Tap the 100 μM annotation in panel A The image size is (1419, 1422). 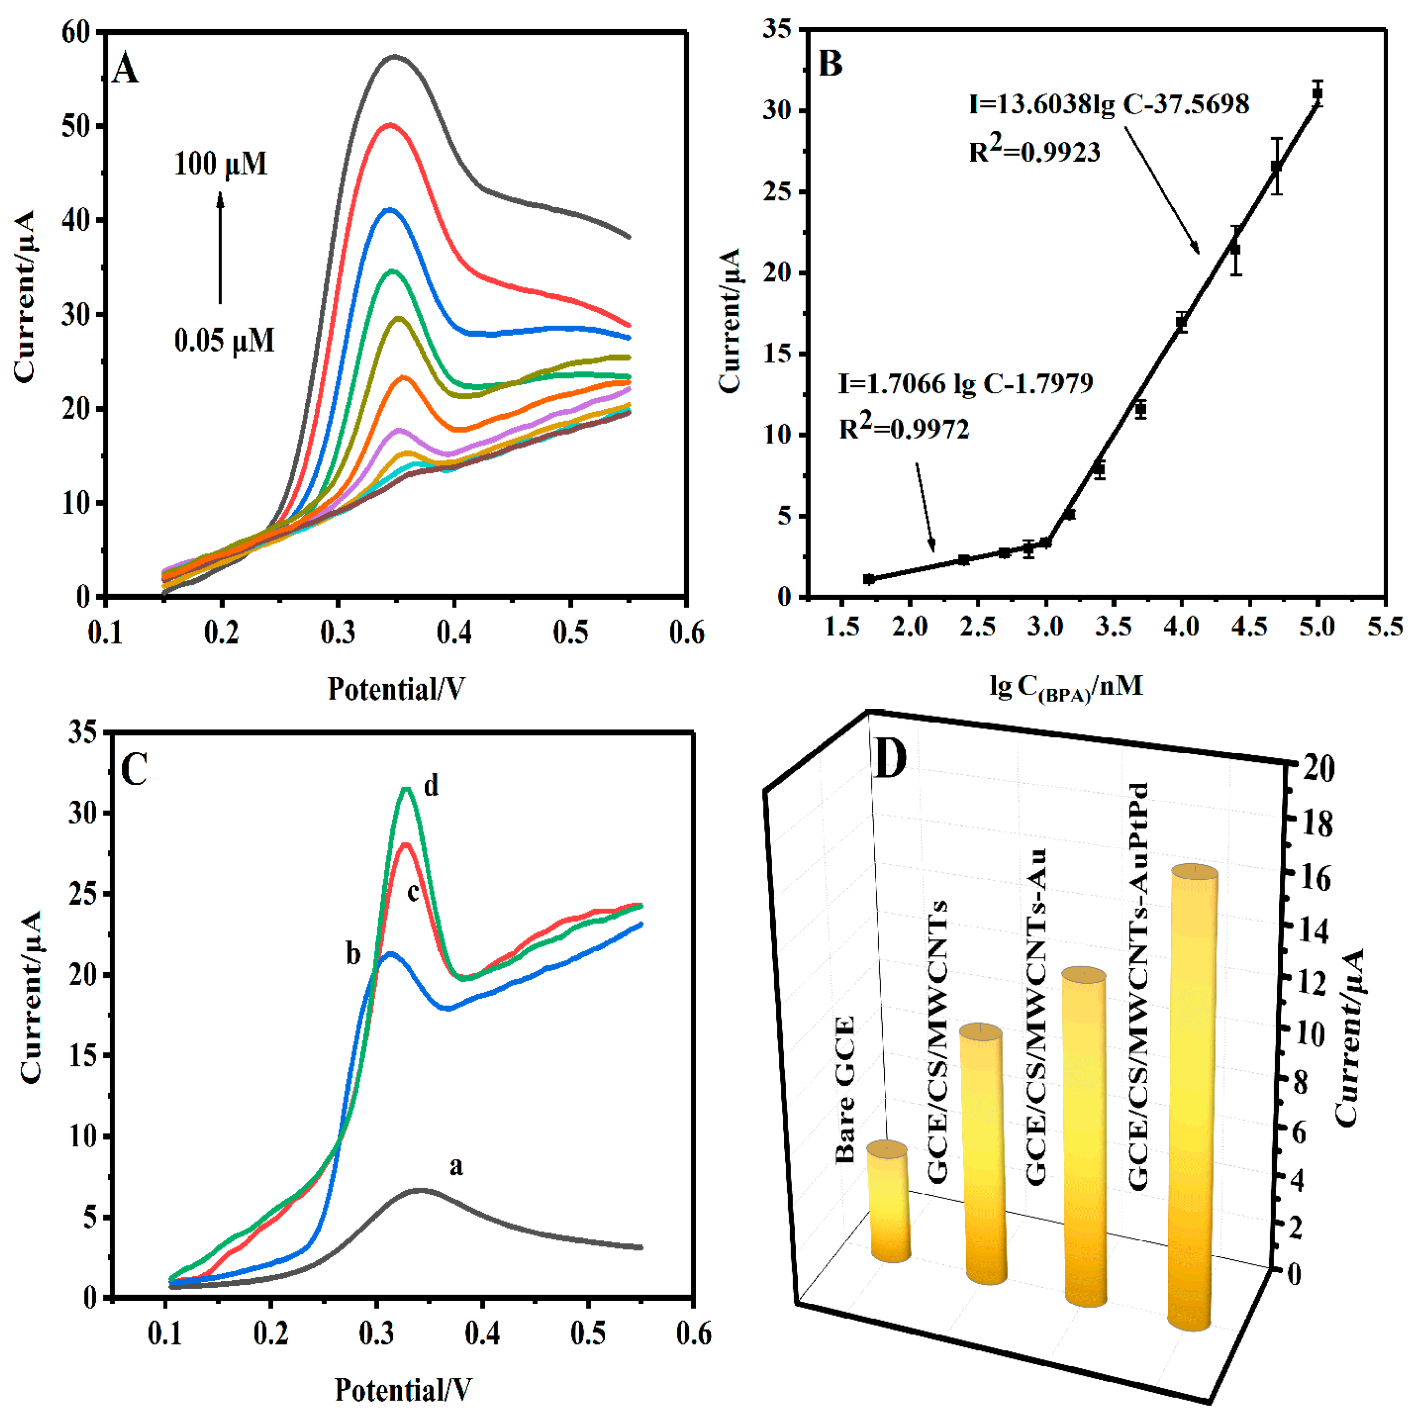click(220, 163)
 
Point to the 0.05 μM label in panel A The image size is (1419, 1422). click(225, 341)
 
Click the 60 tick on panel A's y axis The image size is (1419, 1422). click(77, 32)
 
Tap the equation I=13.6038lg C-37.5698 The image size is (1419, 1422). click(1108, 104)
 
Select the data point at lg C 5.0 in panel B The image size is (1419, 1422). click(1318, 94)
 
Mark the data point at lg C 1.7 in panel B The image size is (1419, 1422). click(869, 579)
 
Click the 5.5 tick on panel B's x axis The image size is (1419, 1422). click(1385, 627)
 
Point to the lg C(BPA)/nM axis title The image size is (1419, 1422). click(1066, 687)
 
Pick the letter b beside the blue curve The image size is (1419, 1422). click(353, 955)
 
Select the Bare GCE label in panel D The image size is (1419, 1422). click(845, 1090)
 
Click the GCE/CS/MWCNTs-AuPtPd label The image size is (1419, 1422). click(1139, 986)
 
